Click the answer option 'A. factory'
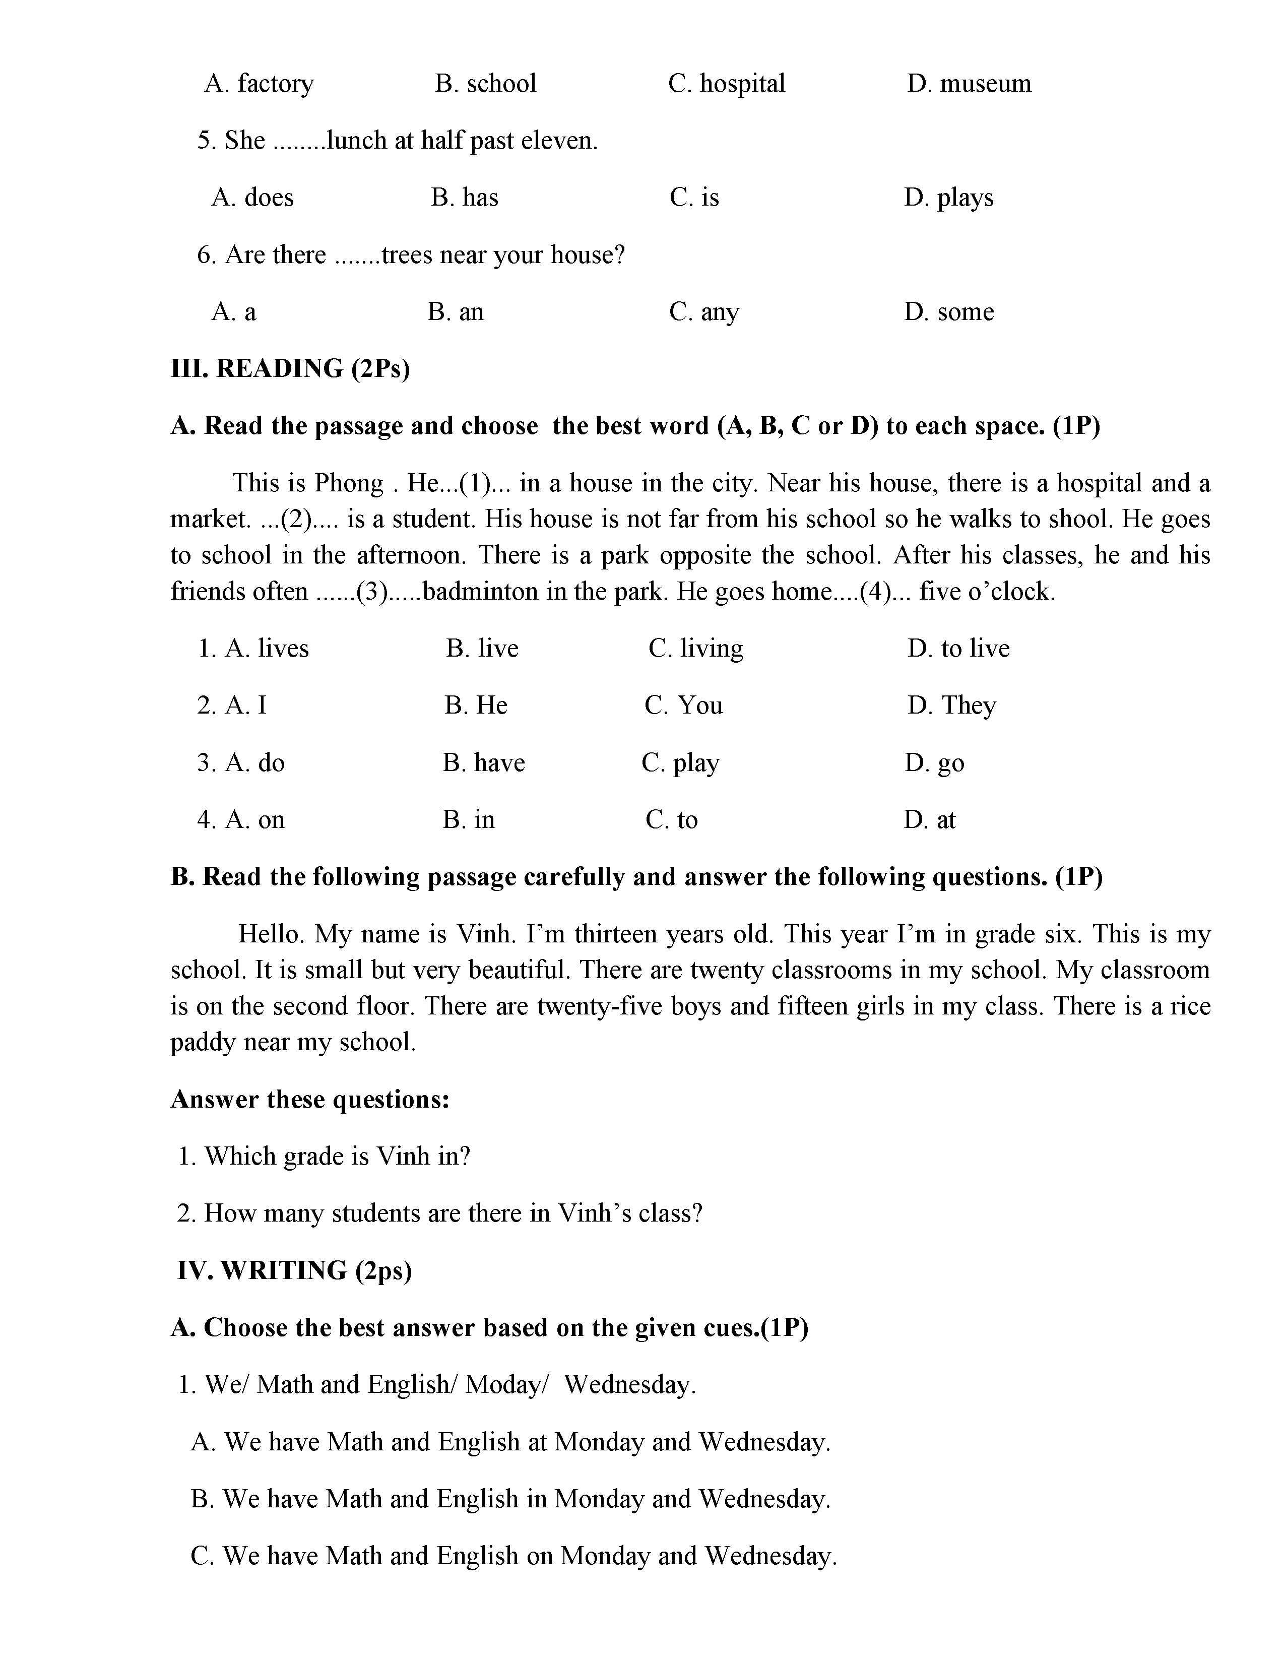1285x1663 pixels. coord(259,83)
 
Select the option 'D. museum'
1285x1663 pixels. coord(969,83)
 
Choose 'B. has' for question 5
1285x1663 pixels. coord(465,197)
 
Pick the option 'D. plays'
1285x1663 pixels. coord(948,197)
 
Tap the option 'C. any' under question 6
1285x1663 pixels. coord(704,311)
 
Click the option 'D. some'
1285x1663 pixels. coord(948,311)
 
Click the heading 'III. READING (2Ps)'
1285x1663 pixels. coord(290,368)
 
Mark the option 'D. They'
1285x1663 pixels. coord(951,705)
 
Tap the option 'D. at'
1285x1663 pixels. coord(930,819)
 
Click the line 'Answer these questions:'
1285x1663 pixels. coord(310,1099)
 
